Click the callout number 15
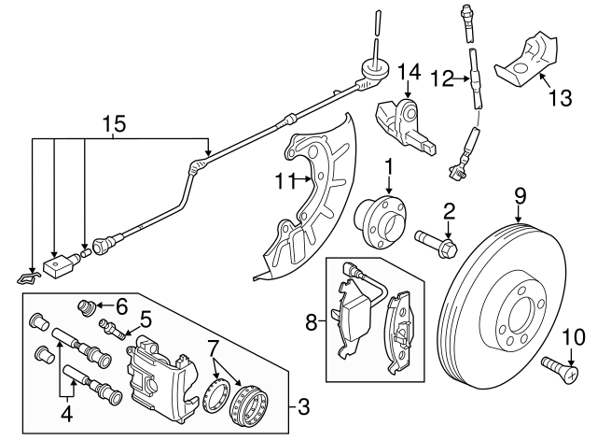coord(113,123)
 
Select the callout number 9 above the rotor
coord(521,195)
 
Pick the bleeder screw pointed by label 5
coord(110,327)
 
